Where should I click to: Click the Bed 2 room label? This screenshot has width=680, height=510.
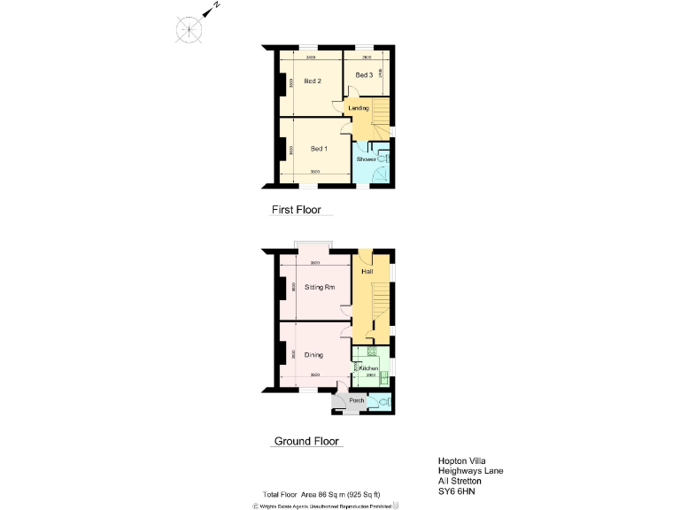[312, 81]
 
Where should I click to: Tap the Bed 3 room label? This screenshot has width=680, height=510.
[364, 75]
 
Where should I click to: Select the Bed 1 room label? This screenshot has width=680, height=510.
[319, 148]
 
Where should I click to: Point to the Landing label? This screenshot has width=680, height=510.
[359, 108]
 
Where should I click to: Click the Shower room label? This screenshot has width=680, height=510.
[367, 159]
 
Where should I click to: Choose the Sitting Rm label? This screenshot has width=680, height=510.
[320, 288]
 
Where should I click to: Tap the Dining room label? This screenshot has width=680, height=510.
[313, 355]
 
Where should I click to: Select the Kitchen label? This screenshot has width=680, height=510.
[369, 368]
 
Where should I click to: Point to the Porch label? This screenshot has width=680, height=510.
[357, 400]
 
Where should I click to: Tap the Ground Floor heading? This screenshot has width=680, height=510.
[306, 441]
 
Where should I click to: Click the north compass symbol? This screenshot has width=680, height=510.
[189, 29]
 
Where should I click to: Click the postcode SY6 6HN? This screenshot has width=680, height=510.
[459, 492]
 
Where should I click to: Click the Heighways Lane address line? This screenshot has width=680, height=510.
[470, 471]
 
